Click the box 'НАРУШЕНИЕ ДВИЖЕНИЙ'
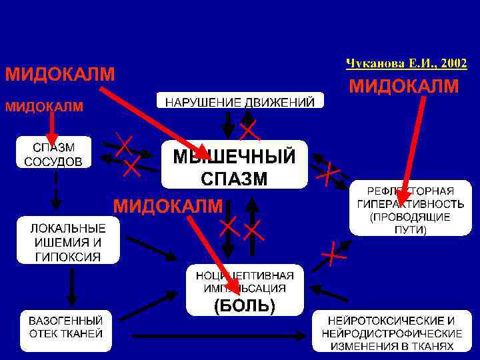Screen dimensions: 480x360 click(240, 101)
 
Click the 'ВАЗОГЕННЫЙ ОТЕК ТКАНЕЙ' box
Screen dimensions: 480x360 click(65, 326)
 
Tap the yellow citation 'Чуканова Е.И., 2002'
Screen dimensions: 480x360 click(406, 64)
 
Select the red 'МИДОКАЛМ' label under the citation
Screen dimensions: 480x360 click(404, 86)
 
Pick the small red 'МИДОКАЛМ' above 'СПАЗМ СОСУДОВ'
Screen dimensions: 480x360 click(45, 107)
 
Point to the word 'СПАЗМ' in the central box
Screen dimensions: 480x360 click(234, 179)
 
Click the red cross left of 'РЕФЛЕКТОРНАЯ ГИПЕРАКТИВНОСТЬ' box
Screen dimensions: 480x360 click(328, 175)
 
